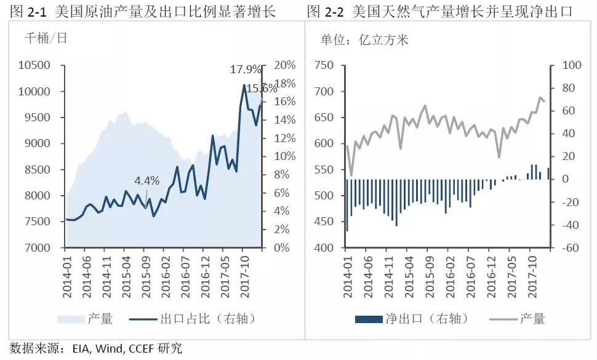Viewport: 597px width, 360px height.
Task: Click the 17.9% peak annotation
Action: tap(245, 70)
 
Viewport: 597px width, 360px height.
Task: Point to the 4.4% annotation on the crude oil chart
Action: tap(147, 180)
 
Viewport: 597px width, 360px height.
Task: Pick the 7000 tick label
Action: tap(37, 248)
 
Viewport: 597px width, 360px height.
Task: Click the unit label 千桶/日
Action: tap(46, 38)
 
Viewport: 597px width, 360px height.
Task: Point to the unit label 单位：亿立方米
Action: tap(364, 40)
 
